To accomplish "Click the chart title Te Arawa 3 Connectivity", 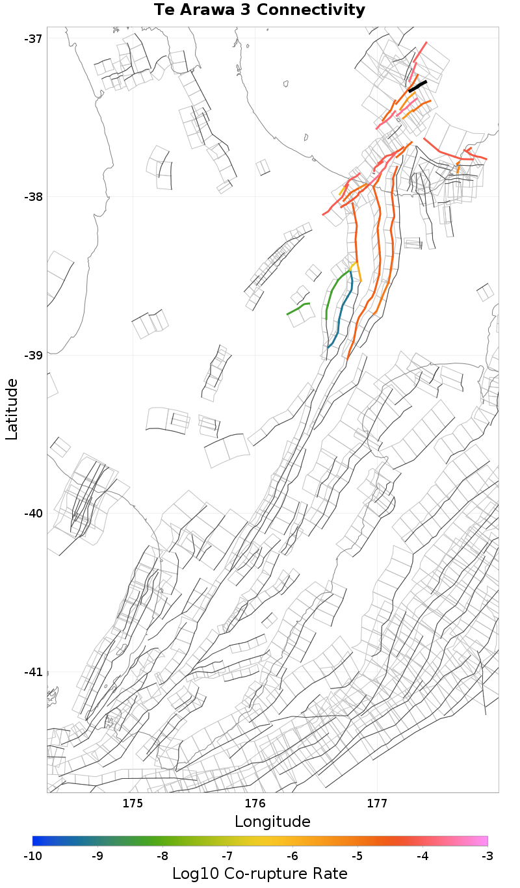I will [x=259, y=10].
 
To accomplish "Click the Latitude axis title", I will [x=12, y=410].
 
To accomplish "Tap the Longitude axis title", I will [x=272, y=821].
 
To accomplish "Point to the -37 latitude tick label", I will [x=33, y=38].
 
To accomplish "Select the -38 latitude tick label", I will [x=33, y=197].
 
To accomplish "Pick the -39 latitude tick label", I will [x=33, y=355].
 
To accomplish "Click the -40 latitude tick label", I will [x=33, y=514].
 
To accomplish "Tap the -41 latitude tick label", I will [x=33, y=672].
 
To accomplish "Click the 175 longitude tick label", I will [x=133, y=803].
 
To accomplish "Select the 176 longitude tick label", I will [x=255, y=803].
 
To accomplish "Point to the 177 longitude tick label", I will [x=377, y=803].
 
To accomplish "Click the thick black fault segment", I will [x=417, y=86].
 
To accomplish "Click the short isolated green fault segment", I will [x=298, y=309].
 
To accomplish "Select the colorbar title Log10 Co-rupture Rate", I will [x=259, y=873].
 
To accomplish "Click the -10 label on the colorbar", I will [x=32, y=855].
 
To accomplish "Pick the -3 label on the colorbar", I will [x=487, y=855].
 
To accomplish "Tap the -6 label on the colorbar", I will [x=292, y=855].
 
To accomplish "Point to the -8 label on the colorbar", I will [x=162, y=855].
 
